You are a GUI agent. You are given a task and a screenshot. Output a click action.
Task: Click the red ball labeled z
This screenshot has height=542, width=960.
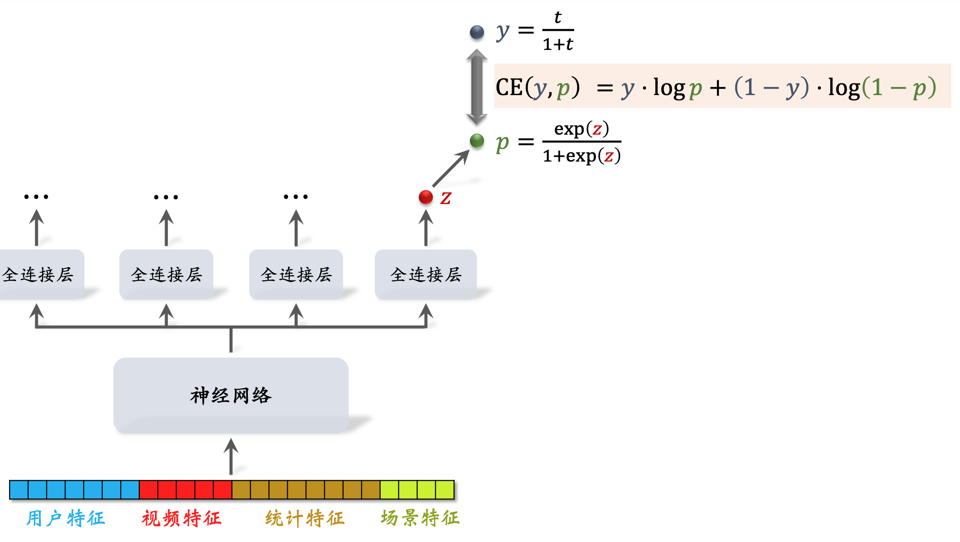[426, 197]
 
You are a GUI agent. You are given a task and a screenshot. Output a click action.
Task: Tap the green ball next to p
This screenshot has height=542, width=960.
[477, 140]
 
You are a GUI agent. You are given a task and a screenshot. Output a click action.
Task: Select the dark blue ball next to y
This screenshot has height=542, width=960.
[477, 32]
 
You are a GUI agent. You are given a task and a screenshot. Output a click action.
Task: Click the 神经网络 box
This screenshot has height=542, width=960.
[231, 395]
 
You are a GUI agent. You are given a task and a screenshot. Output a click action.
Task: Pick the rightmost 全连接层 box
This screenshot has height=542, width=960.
[426, 274]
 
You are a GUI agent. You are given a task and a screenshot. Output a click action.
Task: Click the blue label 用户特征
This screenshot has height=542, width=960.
[66, 518]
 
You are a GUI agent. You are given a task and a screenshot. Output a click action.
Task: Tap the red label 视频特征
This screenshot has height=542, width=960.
[181, 518]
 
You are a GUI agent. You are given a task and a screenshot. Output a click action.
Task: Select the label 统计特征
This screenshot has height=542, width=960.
[305, 518]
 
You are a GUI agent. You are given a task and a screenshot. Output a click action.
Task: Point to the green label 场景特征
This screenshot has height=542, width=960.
[420, 518]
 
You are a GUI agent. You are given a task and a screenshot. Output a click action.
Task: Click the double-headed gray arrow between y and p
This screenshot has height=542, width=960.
[477, 87]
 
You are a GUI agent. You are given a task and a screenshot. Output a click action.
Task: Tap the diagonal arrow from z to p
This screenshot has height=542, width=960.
[450, 169]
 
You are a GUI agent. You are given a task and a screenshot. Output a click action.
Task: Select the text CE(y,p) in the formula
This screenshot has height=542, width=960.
[537, 87]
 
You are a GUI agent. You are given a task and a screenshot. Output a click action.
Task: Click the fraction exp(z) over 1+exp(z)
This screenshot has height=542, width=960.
[582, 142]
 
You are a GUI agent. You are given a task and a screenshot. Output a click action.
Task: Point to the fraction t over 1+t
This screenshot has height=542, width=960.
[558, 31]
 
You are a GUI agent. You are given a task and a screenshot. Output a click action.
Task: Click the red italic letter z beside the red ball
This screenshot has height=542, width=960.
[446, 198]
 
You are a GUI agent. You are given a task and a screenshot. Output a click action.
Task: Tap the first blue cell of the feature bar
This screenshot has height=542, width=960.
[19, 489]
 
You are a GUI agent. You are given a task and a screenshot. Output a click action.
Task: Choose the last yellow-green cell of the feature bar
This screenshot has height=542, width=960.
[445, 489]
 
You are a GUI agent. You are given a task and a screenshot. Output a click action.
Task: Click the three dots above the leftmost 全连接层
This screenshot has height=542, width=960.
[36, 197]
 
